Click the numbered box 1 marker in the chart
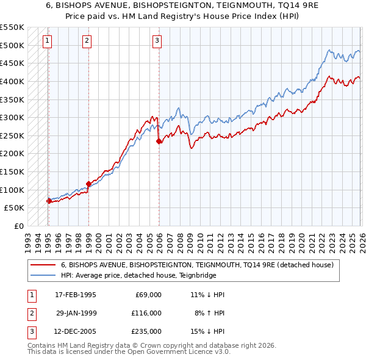(48, 41)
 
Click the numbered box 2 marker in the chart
(87, 41)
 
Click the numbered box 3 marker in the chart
(157, 41)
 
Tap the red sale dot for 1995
(49, 201)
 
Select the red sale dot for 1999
(88, 184)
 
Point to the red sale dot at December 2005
(159, 141)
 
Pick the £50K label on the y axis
(15, 208)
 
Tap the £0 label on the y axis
(19, 226)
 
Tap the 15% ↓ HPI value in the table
(207, 332)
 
